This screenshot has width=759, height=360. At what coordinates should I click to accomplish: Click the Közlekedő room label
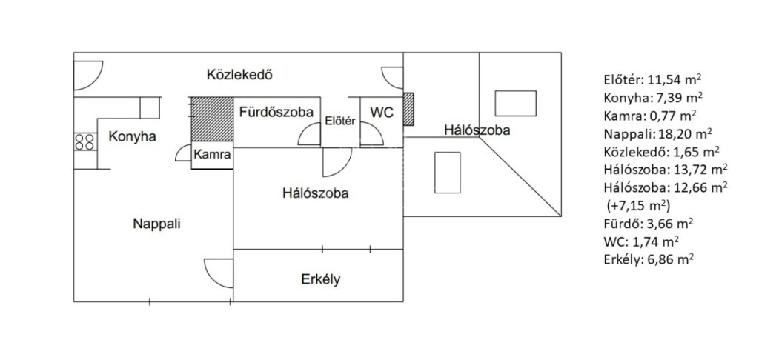click(x=239, y=75)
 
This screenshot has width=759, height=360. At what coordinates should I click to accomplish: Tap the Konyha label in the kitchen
click(x=132, y=137)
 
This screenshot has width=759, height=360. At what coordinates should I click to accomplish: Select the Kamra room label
click(x=212, y=155)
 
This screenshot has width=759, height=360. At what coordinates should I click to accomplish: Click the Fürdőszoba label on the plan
click(x=276, y=113)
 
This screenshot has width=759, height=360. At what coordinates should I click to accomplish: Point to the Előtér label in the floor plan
click(x=340, y=121)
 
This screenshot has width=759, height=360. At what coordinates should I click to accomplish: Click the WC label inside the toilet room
click(x=382, y=113)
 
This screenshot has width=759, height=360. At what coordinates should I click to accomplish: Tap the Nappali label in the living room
click(x=157, y=224)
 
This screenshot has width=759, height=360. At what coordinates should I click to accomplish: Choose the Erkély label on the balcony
click(x=321, y=279)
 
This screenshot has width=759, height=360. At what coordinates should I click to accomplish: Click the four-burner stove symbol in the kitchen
click(x=84, y=141)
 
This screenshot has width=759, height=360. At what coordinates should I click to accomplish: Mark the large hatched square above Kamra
click(x=212, y=119)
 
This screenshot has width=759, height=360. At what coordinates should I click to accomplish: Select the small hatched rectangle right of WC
click(x=408, y=110)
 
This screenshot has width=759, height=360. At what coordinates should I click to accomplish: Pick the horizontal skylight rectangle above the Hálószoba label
click(x=516, y=103)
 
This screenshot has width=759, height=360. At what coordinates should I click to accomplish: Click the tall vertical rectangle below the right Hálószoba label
click(x=447, y=173)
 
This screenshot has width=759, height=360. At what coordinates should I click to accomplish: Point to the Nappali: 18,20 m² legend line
click(x=658, y=134)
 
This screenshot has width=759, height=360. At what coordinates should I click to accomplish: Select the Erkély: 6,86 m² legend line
click(x=649, y=259)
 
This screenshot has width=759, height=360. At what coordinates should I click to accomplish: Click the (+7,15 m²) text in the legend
click(x=638, y=206)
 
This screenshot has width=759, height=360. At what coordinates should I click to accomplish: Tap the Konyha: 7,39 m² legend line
click(x=654, y=98)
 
